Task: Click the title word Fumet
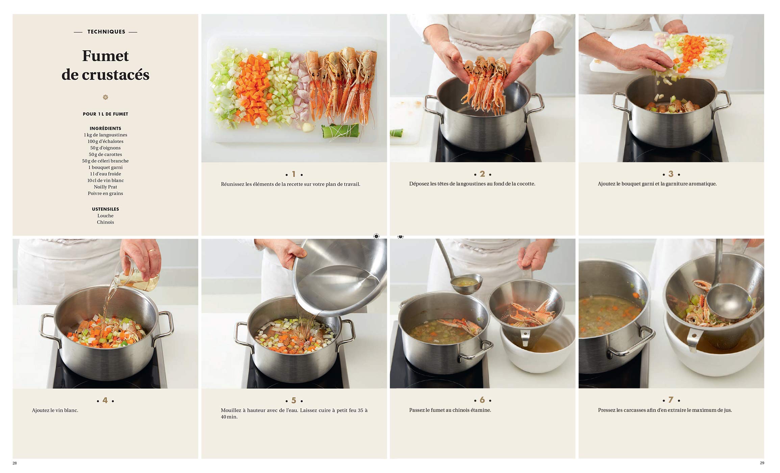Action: click(105, 56)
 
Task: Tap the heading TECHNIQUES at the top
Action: click(106, 32)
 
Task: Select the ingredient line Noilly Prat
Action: click(105, 187)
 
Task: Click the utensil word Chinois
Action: click(105, 222)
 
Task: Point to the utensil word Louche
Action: click(105, 216)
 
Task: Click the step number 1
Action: click(294, 174)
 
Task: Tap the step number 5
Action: click(294, 400)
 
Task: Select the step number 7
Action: click(671, 400)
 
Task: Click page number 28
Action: click(15, 463)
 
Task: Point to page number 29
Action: click(762, 463)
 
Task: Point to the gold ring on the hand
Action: click(152, 251)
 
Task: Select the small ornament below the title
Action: click(105, 97)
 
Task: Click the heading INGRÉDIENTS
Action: click(105, 128)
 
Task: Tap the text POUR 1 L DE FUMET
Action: click(105, 114)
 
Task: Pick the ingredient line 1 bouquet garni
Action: click(105, 167)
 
